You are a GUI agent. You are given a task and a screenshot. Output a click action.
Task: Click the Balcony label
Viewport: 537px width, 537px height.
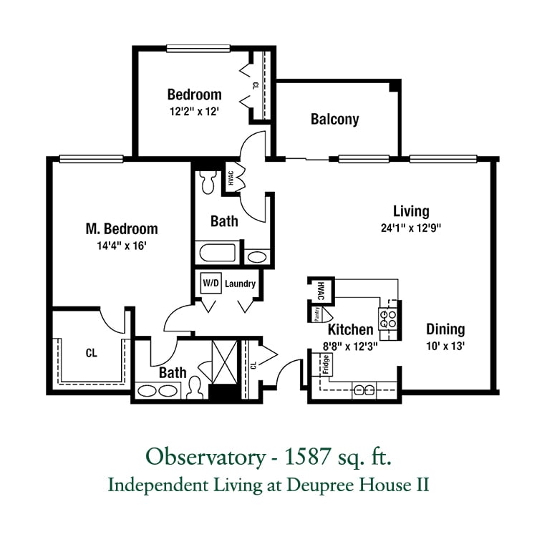coord(334,119)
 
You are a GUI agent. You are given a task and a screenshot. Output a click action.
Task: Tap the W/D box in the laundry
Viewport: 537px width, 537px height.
coord(211,283)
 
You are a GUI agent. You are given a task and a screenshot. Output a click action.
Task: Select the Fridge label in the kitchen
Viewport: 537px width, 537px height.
coord(326,364)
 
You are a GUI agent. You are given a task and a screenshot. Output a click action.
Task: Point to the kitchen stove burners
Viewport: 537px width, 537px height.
coord(387,319)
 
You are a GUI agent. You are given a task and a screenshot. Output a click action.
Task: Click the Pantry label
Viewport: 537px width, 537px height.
coord(317,314)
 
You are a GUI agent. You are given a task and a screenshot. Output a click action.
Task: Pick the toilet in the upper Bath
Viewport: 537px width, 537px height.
coord(208,182)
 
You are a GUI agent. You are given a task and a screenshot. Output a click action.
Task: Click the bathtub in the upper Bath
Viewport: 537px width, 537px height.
coord(218,253)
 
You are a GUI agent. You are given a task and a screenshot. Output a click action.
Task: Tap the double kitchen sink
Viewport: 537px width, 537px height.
coord(364,390)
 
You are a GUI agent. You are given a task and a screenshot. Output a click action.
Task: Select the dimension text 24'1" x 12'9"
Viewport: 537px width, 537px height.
coord(411,228)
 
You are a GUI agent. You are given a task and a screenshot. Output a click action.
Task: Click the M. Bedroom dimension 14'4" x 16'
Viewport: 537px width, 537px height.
coord(122,246)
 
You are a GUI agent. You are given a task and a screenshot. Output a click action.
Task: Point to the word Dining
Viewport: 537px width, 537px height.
coord(445,329)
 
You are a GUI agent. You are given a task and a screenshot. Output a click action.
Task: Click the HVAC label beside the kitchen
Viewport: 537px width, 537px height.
coord(321,291)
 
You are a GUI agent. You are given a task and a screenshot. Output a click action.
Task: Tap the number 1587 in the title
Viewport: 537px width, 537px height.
coord(308,457)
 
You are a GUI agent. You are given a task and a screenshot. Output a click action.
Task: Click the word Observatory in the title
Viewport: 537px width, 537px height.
coord(205,458)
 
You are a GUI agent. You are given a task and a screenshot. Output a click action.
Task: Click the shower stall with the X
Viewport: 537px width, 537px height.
coord(224,362)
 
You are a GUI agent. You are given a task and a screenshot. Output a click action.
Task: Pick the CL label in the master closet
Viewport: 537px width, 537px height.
coord(92,353)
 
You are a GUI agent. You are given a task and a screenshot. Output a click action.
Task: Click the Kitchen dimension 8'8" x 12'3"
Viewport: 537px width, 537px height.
coord(350,347)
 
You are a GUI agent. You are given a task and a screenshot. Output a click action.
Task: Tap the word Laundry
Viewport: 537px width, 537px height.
coord(240,284)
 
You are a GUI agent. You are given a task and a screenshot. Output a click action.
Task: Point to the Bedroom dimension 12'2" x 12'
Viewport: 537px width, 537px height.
coord(194,111)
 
